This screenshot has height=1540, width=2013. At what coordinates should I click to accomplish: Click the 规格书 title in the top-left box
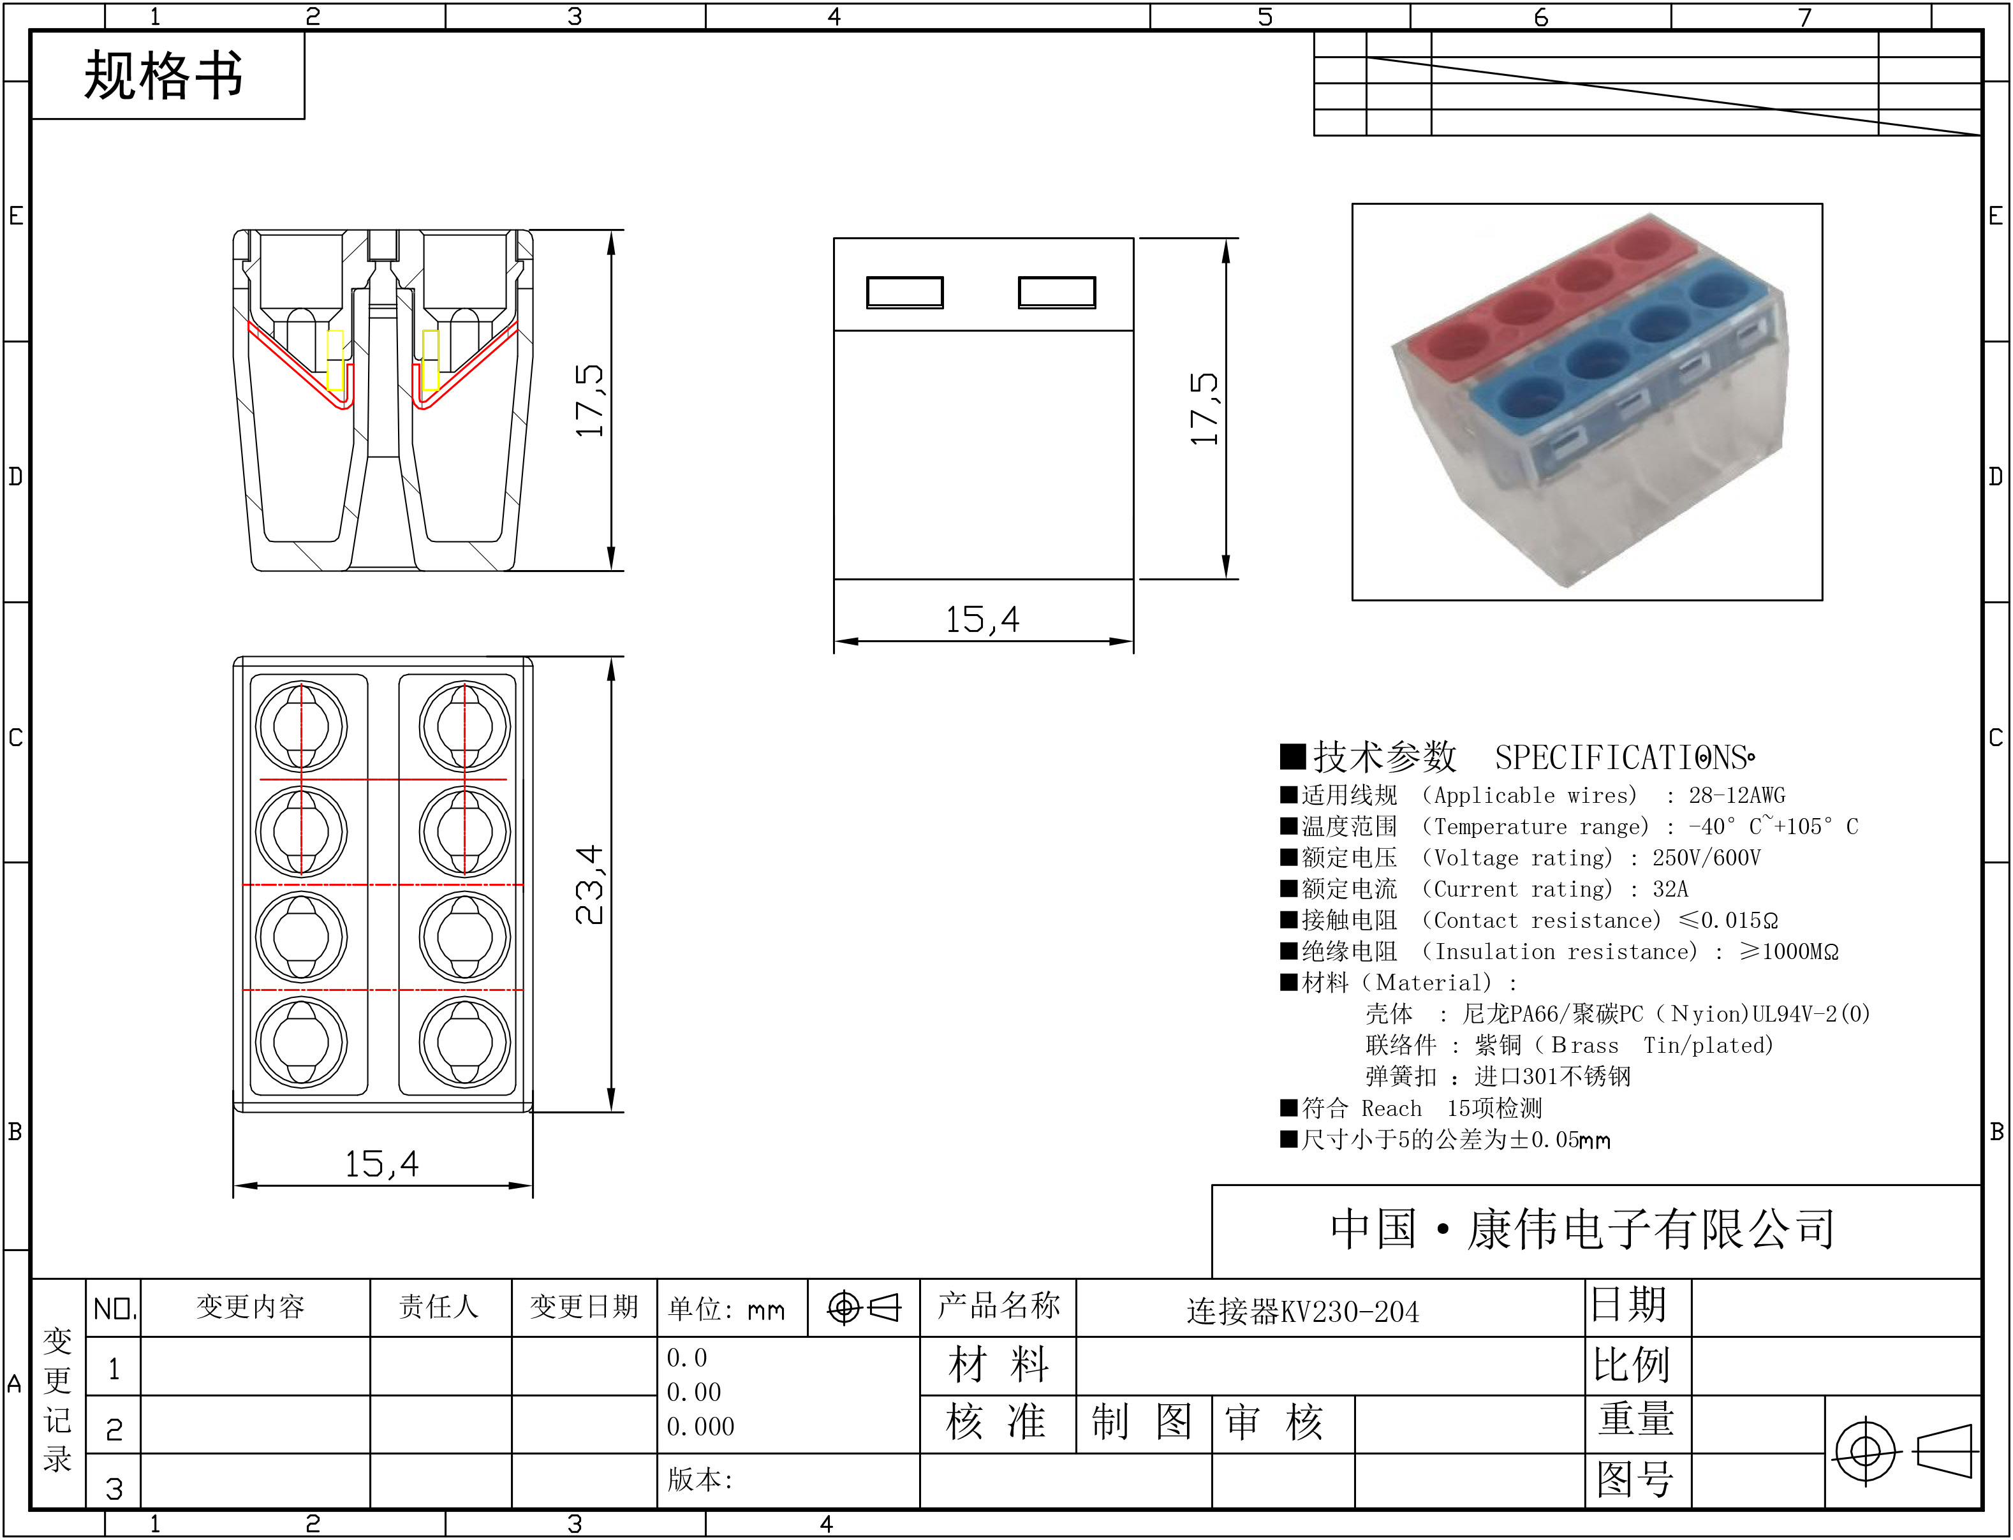pos(164,75)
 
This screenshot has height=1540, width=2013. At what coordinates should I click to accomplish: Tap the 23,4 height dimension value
pos(589,884)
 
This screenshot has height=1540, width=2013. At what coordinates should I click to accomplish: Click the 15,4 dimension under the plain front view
pos(983,620)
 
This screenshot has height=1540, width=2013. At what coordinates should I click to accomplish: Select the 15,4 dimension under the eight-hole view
pos(381,1164)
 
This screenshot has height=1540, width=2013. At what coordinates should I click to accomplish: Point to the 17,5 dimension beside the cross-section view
pos(589,400)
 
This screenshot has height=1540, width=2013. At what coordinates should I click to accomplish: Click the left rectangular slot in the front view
pos(904,293)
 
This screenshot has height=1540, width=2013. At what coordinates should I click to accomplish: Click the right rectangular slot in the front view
pos(1057,293)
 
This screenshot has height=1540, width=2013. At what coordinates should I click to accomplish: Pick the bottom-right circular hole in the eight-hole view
pos(465,1042)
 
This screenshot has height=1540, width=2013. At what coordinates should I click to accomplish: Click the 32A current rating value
pos(1670,889)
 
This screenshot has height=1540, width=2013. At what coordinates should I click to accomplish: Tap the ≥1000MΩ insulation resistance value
pos(1789,951)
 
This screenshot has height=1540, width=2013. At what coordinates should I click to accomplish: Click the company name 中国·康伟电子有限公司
pos(1583,1229)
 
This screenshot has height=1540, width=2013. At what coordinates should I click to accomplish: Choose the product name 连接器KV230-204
pos(1302,1312)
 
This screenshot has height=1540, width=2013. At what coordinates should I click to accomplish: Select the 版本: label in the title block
pos(700,1479)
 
